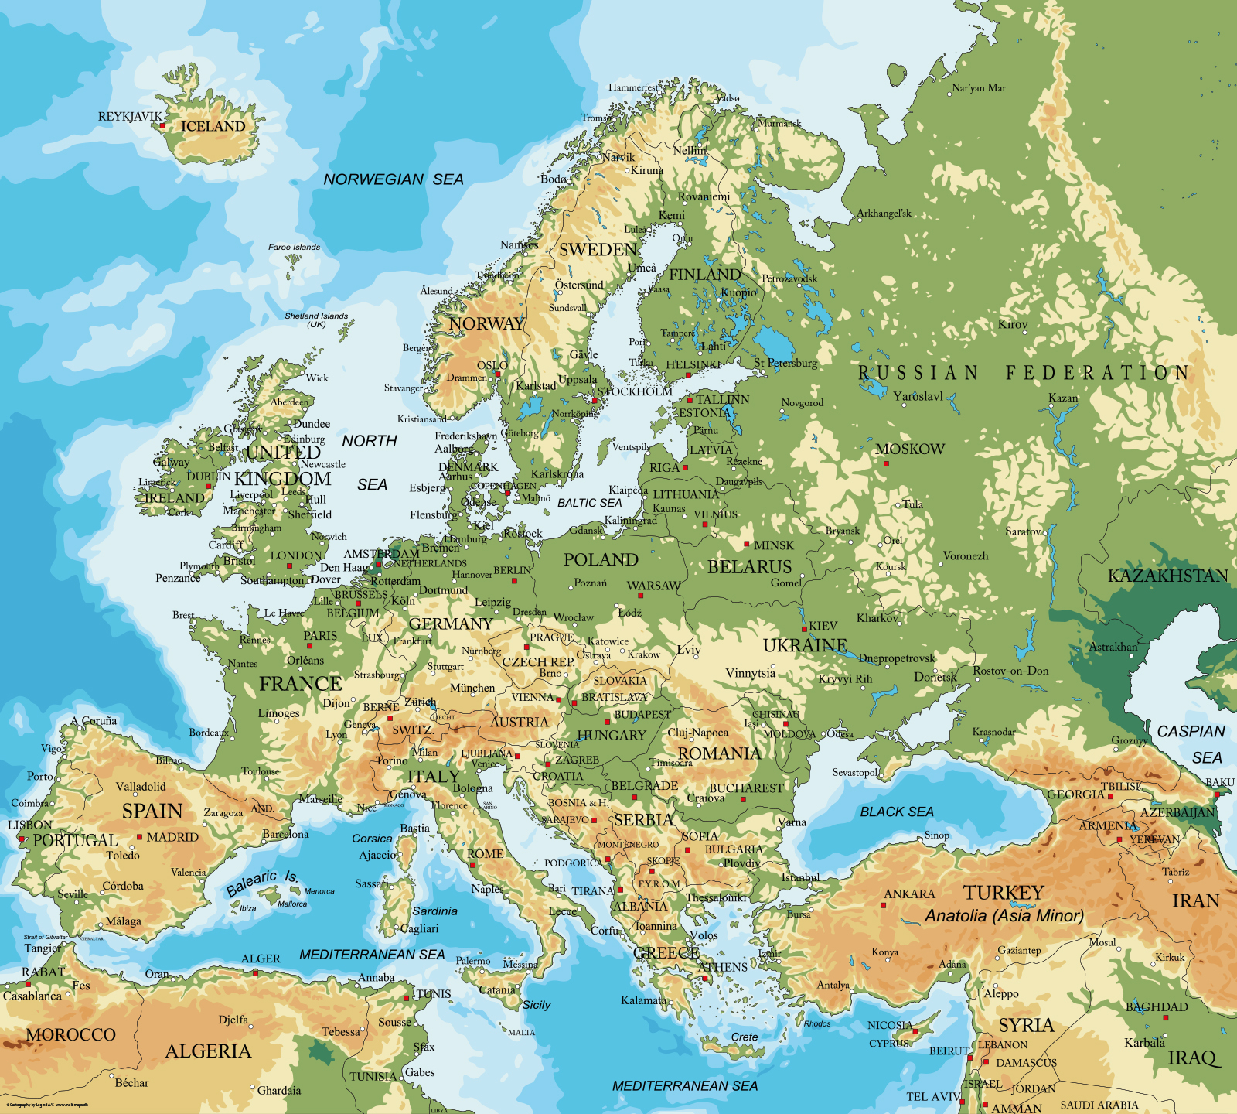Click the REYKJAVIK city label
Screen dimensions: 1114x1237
click(x=130, y=117)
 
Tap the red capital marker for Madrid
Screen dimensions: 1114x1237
click(x=140, y=837)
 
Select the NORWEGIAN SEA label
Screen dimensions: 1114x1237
click(x=393, y=179)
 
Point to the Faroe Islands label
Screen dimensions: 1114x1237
click(x=294, y=248)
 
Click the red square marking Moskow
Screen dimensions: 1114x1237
click(x=886, y=464)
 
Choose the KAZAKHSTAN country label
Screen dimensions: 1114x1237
click(x=1167, y=576)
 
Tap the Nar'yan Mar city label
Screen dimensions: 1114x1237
click(x=979, y=88)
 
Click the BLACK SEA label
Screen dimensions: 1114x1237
click(x=897, y=812)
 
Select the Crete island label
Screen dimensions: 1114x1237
click(x=745, y=1037)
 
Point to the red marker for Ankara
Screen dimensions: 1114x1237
click(x=884, y=905)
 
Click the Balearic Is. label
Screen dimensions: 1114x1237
click(x=262, y=883)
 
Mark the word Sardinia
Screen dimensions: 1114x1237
click(x=434, y=911)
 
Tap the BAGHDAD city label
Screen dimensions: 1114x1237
click(x=1157, y=1007)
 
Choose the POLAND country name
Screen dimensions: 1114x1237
click(x=601, y=560)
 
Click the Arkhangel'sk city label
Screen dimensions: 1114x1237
click(x=884, y=214)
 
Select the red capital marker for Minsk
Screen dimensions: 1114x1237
click(x=747, y=545)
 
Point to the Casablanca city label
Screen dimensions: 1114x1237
click(x=32, y=996)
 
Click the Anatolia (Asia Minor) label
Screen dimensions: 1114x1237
click(x=1004, y=916)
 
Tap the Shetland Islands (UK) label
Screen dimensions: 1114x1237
click(x=316, y=320)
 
